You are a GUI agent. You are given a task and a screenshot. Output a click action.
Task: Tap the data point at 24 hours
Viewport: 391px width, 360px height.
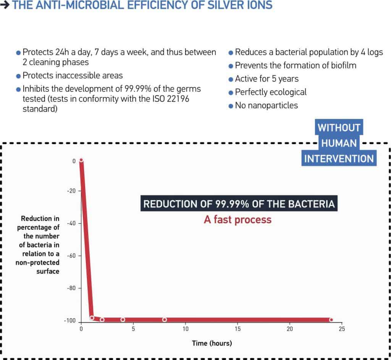click(x=331, y=319)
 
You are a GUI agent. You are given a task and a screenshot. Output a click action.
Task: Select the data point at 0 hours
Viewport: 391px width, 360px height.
click(x=81, y=160)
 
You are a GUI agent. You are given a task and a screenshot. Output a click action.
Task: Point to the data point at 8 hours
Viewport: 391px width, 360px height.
click(x=165, y=319)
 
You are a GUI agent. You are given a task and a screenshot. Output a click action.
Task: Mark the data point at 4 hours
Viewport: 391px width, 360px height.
click(x=123, y=319)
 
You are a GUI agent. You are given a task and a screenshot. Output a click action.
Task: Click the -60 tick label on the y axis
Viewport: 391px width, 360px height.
click(x=71, y=256)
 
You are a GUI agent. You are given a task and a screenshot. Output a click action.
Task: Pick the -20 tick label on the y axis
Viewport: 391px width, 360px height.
click(x=71, y=191)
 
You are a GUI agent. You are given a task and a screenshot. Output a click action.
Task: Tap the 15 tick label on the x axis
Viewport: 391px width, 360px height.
click(x=238, y=329)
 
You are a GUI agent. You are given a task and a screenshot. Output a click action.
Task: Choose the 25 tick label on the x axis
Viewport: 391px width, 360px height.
click(x=342, y=329)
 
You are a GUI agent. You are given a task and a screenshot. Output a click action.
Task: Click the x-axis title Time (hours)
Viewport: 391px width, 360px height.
click(x=212, y=343)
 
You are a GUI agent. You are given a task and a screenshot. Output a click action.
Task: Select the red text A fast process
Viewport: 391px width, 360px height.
click(x=238, y=220)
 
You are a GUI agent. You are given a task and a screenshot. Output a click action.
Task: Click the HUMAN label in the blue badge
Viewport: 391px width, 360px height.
click(x=339, y=144)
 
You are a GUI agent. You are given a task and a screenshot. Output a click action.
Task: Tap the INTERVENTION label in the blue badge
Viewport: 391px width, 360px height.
click(x=339, y=158)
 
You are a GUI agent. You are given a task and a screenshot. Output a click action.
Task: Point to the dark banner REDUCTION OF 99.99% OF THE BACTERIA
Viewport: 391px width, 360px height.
click(x=239, y=204)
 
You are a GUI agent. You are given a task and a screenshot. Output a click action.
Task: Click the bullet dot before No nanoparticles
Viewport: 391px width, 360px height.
click(x=231, y=106)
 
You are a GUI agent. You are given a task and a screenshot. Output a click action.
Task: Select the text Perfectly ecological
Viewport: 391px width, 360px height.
click(x=271, y=92)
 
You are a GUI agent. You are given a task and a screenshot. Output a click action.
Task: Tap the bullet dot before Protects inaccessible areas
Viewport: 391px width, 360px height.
click(x=18, y=76)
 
